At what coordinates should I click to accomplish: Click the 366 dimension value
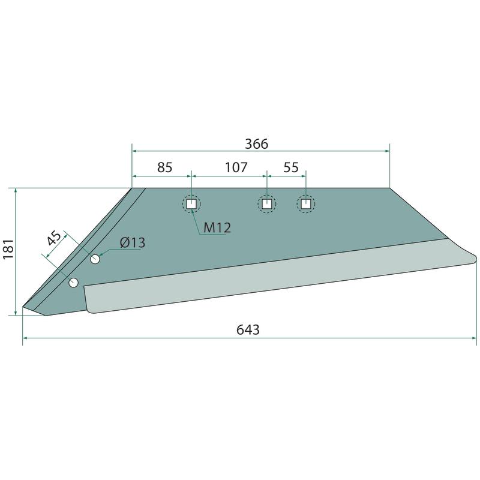[x=257, y=143]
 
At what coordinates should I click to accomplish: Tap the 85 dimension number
[x=164, y=167]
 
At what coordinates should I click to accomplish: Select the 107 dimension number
[x=236, y=167]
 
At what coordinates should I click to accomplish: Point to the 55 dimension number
[x=291, y=167]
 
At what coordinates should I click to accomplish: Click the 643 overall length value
[x=248, y=329]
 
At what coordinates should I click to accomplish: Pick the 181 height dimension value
[x=8, y=249]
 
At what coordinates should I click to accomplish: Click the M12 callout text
[x=217, y=228]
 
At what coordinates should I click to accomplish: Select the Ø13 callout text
[x=133, y=243]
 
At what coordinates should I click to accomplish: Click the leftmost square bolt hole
[x=191, y=204]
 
